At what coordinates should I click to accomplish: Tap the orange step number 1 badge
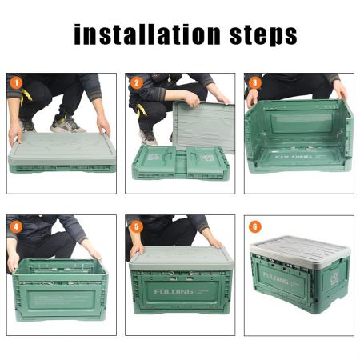click(x=15, y=82)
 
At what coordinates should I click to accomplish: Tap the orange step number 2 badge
click(x=136, y=82)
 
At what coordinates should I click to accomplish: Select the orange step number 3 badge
click(x=254, y=82)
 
